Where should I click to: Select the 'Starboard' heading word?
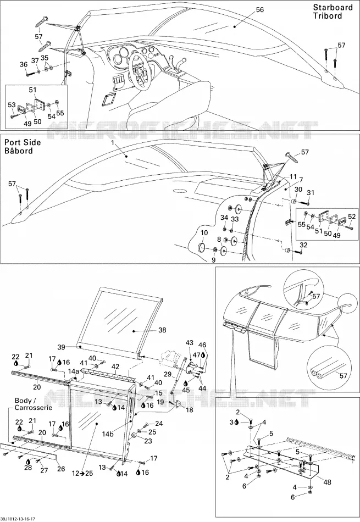(333, 7)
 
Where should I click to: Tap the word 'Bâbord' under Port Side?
(19, 151)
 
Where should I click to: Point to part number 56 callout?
(260, 10)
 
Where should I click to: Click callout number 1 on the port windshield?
(113, 142)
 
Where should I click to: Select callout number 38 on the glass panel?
(162, 330)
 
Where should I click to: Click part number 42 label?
(115, 366)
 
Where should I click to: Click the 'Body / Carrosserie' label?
(33, 404)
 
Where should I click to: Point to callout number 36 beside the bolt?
(23, 64)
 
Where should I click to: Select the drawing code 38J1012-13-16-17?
(18, 519)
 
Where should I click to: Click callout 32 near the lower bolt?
(304, 245)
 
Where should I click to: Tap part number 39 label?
(61, 347)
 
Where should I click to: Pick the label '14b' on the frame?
(108, 434)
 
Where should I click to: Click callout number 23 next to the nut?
(148, 441)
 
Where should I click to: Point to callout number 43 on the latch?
(189, 343)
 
